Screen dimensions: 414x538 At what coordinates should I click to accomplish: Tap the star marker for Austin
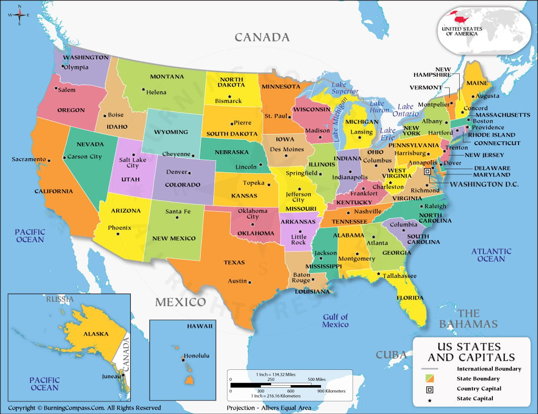pyautogui.click(x=250, y=281)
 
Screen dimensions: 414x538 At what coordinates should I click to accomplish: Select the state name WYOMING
pyautogui.click(x=171, y=132)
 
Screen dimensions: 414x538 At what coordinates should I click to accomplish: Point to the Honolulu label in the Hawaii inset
pyautogui.click(x=196, y=356)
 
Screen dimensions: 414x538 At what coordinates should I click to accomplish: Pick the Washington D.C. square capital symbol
pyautogui.click(x=427, y=172)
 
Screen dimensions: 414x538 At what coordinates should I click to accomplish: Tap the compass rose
pyautogui.click(x=19, y=15)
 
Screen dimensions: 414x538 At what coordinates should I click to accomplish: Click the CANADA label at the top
pyautogui.click(x=262, y=37)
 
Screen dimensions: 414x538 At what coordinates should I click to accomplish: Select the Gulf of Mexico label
pyautogui.click(x=335, y=320)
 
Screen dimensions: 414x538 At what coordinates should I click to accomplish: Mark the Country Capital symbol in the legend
pyautogui.click(x=430, y=389)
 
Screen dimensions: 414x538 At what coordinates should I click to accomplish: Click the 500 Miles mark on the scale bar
pyautogui.click(x=317, y=379)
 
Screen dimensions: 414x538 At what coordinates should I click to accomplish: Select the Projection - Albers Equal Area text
pyautogui.click(x=268, y=408)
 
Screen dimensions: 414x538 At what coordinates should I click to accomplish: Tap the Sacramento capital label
pyautogui.click(x=29, y=159)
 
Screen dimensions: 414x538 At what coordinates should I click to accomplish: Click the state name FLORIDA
pyautogui.click(x=410, y=297)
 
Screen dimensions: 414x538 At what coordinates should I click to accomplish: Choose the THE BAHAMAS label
pyautogui.click(x=468, y=318)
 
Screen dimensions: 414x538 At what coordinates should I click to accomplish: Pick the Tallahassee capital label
pyautogui.click(x=399, y=276)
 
